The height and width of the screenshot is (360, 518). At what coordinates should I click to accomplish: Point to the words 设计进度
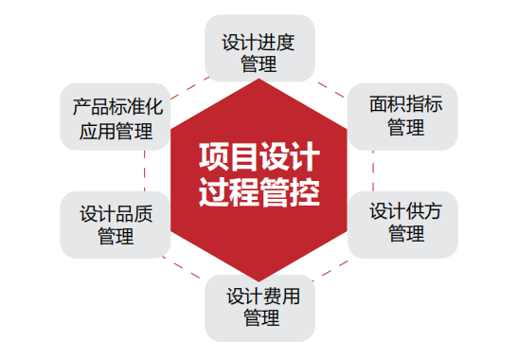pos(259,43)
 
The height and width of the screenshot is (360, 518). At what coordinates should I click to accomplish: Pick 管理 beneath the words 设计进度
pos(259,65)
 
